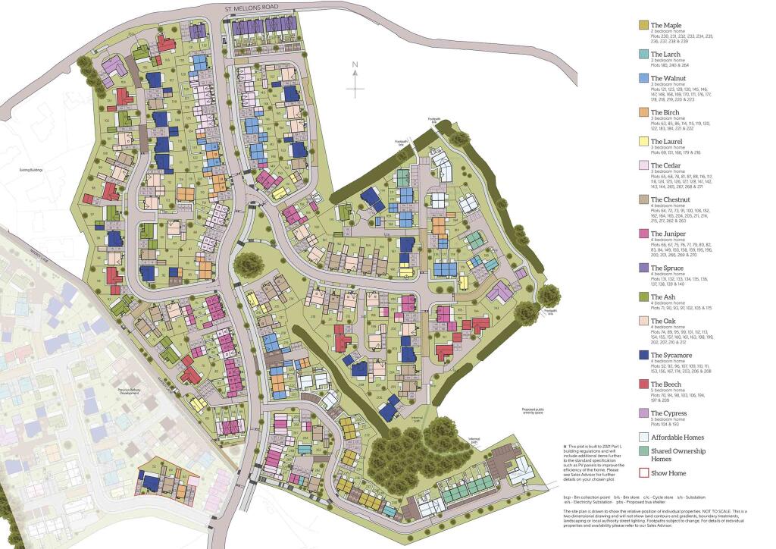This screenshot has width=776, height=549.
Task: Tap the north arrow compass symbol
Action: [x=355, y=80]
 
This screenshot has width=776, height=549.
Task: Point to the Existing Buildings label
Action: [x=31, y=170]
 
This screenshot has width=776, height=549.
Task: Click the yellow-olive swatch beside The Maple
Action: [x=643, y=26]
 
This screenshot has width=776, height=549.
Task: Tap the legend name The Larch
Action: [x=665, y=55]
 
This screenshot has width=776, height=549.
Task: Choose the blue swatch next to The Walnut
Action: [x=643, y=78]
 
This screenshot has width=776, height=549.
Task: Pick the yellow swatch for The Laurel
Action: [x=643, y=141]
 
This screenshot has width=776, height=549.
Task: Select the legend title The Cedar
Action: [x=666, y=165]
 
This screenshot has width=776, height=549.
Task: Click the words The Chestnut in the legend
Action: [x=671, y=199]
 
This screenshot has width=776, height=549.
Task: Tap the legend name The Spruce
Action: [x=668, y=268]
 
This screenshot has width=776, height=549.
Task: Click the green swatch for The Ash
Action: [x=643, y=296]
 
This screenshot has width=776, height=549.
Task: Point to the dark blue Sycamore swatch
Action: [x=643, y=355]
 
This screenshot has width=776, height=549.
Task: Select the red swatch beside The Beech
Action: [x=643, y=384]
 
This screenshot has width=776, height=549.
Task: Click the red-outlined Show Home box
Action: [x=643, y=473]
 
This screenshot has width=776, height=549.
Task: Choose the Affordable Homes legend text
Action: [x=677, y=438]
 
